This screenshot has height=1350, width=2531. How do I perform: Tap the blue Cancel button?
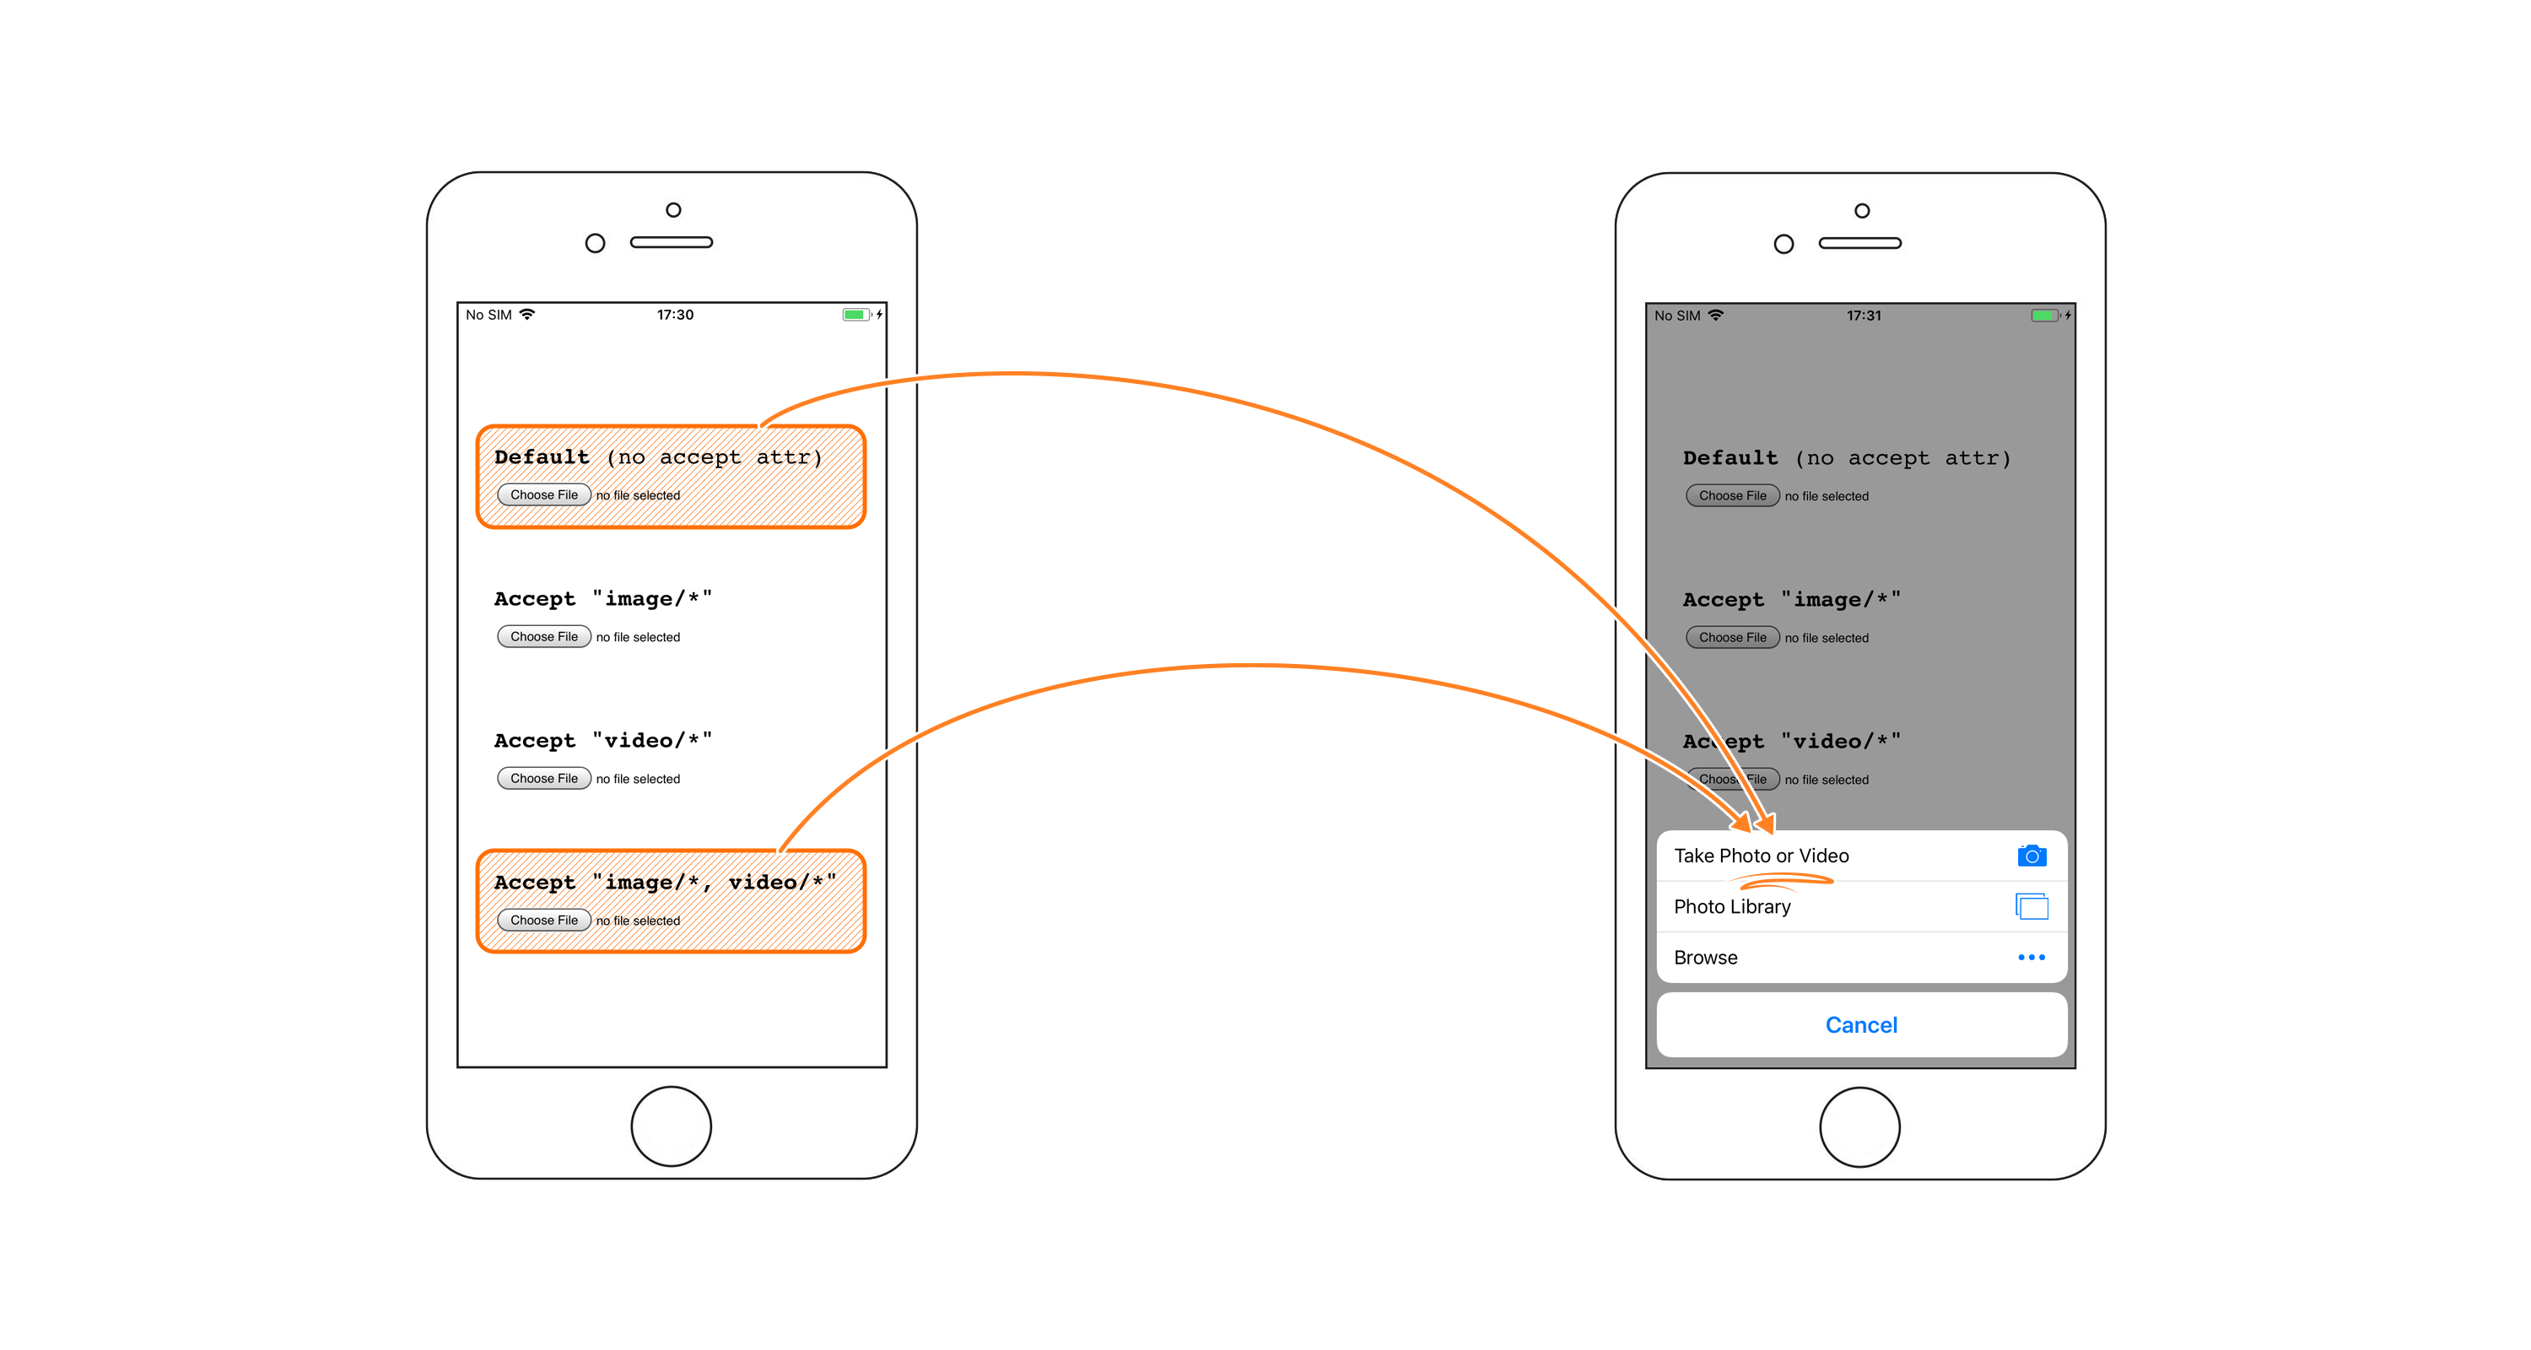tap(1861, 1025)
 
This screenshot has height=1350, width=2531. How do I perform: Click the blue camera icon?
tap(2032, 856)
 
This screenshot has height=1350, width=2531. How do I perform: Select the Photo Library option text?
tap(1732, 907)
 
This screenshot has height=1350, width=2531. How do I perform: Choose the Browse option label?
tap(1706, 958)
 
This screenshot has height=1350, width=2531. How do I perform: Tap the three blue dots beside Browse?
tap(2031, 957)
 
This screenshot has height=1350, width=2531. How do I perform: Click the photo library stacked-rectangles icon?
tap(2032, 906)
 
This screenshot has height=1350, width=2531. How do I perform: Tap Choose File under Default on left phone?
tap(543, 495)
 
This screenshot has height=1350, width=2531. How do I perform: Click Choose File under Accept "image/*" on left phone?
tap(543, 637)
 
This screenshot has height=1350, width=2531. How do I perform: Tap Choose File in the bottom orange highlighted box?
tap(543, 921)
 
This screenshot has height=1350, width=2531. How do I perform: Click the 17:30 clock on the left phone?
tap(675, 316)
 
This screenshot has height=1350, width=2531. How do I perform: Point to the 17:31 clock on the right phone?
tap(1864, 316)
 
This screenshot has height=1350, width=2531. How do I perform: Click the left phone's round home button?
tap(671, 1126)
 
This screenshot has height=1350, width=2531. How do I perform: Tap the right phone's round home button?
tap(1860, 1127)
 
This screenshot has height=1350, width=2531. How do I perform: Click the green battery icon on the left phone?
tap(855, 316)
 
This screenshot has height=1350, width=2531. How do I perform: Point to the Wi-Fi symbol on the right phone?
tap(1715, 316)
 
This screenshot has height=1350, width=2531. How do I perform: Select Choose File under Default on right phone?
tap(1732, 496)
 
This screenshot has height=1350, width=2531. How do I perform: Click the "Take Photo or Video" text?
tap(1762, 856)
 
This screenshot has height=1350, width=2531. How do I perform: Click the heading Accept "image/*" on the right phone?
tap(1791, 600)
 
